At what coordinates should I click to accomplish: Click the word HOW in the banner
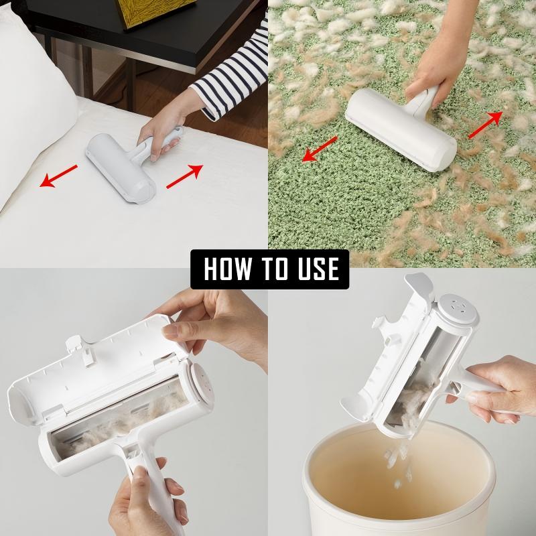click(226, 269)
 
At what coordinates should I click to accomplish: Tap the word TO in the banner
click(272, 269)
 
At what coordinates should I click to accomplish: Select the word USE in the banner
click(316, 269)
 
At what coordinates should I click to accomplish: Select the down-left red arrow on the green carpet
click(319, 149)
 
